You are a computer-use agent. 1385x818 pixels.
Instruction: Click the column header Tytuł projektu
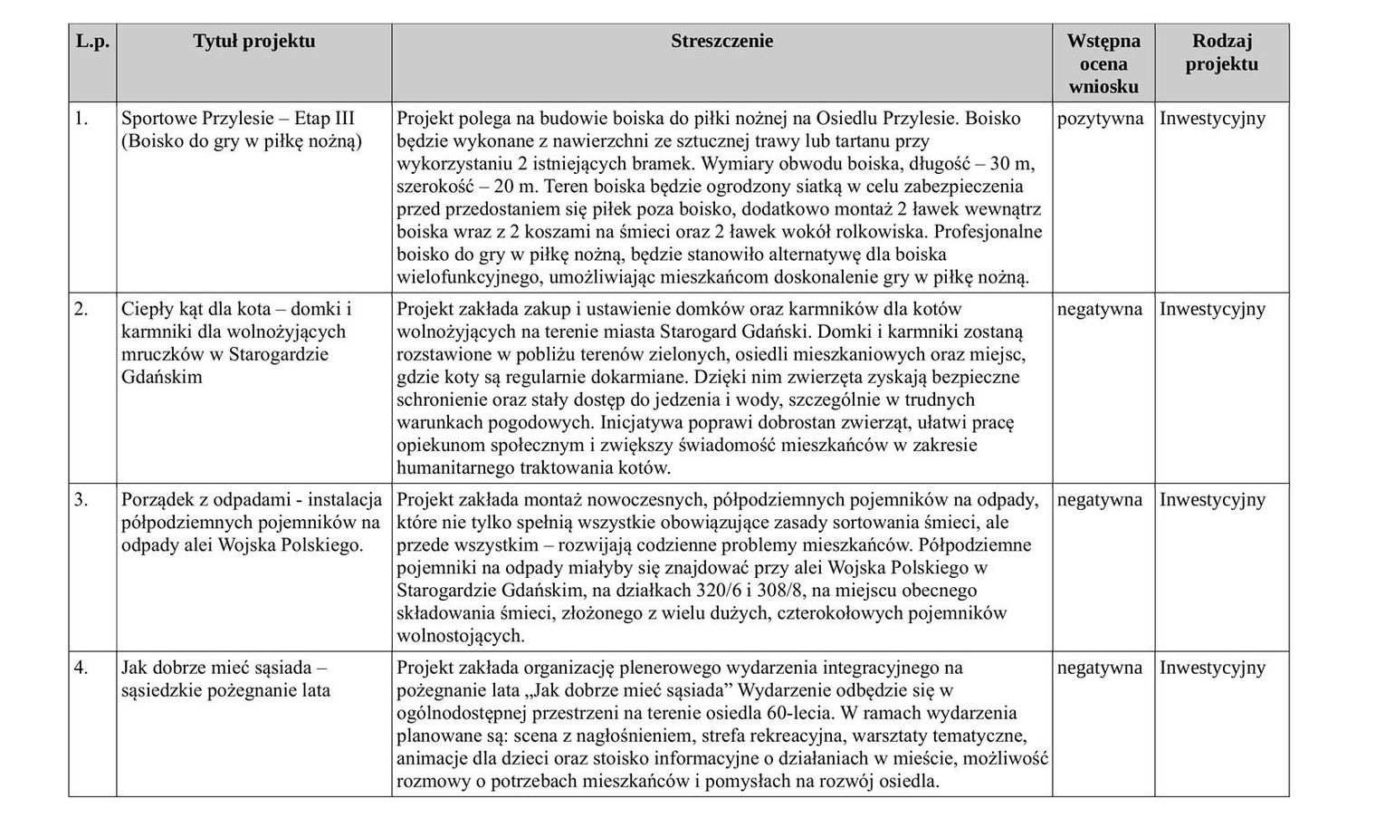(x=253, y=41)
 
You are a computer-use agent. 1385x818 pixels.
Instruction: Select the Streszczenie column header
(x=721, y=41)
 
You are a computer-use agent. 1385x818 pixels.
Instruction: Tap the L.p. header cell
(x=92, y=41)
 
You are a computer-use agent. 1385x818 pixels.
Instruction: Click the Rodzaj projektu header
(x=1221, y=53)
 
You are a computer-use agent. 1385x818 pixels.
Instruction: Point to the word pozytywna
(x=1100, y=119)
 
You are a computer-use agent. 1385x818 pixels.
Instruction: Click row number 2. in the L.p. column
(x=81, y=309)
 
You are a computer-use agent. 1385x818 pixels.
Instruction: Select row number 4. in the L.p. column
(x=81, y=668)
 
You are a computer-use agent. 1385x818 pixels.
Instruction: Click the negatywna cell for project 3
(x=1100, y=500)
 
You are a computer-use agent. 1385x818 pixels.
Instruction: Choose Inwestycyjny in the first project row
(x=1212, y=119)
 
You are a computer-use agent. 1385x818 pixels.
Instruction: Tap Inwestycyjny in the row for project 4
(x=1212, y=668)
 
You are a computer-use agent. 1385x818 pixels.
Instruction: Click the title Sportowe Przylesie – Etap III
(x=238, y=119)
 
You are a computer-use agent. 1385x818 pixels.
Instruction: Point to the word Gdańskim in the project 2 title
(x=161, y=377)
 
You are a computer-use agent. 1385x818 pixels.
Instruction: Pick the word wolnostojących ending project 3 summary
(x=459, y=636)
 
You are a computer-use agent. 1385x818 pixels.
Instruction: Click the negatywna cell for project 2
(x=1100, y=309)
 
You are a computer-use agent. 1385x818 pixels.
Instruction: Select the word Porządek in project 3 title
(x=157, y=500)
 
